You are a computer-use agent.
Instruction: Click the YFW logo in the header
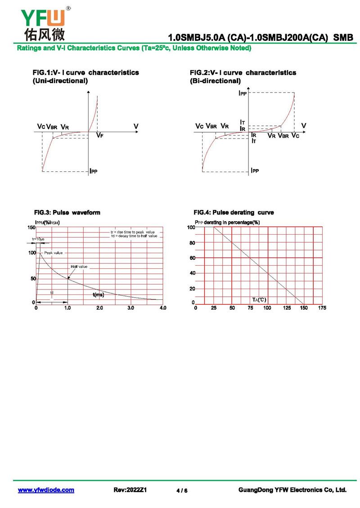click(x=43, y=22)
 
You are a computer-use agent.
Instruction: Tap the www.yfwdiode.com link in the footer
click(x=46, y=490)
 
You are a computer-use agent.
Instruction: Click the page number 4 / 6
click(x=182, y=490)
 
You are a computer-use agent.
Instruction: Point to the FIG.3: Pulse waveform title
click(x=67, y=213)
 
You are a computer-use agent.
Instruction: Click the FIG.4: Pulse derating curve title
click(x=234, y=213)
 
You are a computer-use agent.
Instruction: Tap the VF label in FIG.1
click(x=100, y=135)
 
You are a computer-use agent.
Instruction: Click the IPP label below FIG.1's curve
click(x=94, y=171)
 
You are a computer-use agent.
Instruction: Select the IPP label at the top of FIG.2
click(x=243, y=94)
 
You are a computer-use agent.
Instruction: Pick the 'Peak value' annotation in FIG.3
click(x=54, y=253)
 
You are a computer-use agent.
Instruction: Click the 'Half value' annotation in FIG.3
click(x=79, y=267)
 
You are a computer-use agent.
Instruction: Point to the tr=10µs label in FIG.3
click(x=38, y=239)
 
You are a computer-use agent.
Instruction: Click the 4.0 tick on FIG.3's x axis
click(x=163, y=308)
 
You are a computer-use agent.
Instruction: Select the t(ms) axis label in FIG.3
click(x=99, y=295)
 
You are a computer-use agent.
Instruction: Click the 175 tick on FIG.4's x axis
click(x=322, y=308)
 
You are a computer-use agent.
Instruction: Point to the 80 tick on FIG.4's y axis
click(x=192, y=243)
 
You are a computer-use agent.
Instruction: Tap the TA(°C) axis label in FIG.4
click(x=259, y=299)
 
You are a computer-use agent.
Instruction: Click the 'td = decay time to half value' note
click(x=134, y=236)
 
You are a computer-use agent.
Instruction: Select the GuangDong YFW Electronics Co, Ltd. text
click(x=292, y=490)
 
